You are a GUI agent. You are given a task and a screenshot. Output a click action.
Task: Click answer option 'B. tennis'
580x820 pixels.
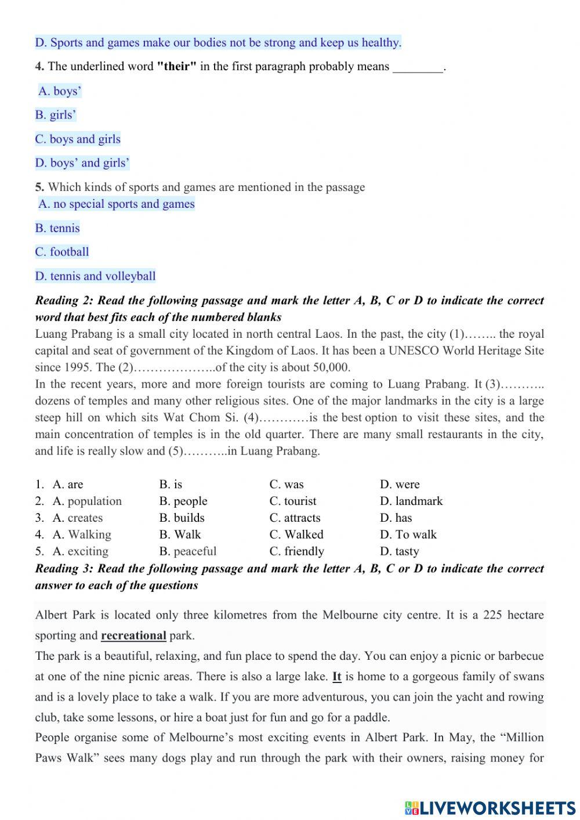[x=57, y=228]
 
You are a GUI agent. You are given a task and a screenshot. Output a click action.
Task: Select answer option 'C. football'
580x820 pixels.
[x=62, y=252]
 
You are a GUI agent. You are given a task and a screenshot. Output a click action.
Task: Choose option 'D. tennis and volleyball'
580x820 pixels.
[x=96, y=276]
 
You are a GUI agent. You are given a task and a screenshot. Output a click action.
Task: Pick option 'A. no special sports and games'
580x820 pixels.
[x=117, y=204]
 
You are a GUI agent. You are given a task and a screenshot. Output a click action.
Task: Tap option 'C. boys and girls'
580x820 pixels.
[x=78, y=139]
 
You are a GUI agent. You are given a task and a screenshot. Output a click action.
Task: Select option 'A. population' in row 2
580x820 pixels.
[x=87, y=501]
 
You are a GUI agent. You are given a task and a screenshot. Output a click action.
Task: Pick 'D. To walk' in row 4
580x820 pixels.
[x=408, y=534]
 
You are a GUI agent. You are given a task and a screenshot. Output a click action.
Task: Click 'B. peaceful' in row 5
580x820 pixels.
[x=187, y=551]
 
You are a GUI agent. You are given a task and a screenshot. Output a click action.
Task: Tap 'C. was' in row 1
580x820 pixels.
[x=287, y=485]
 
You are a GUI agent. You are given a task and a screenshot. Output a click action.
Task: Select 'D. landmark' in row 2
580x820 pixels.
[x=411, y=501]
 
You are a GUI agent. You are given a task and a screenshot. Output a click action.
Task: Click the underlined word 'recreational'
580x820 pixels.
[x=133, y=635]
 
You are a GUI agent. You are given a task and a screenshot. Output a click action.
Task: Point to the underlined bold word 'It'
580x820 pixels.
[x=336, y=676]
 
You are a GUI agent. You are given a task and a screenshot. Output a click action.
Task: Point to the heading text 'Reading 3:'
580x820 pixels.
[x=64, y=569]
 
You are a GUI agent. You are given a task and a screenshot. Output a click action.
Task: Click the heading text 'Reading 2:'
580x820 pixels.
[x=64, y=301]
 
